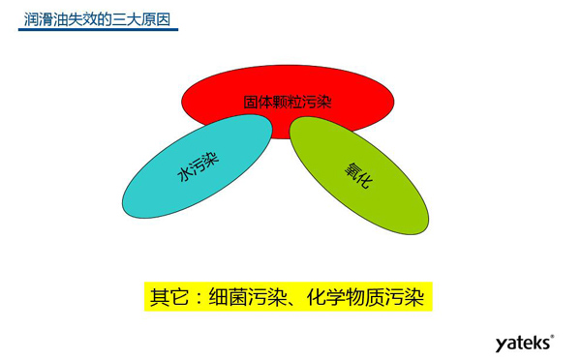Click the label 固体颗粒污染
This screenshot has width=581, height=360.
pos(288,101)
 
